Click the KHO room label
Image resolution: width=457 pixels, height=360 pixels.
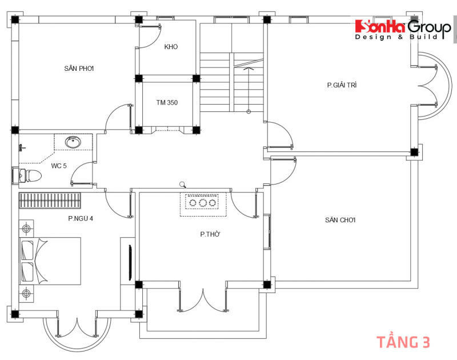pos(171,47)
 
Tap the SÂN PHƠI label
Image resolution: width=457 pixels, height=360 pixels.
pos(79,69)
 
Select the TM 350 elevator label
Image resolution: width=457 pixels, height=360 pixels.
pos(167,102)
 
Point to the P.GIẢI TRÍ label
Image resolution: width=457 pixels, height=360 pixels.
pos(342,85)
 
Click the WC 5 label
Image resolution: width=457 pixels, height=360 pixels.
pos(59,166)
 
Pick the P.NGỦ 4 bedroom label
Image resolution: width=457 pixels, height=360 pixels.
pos(81,218)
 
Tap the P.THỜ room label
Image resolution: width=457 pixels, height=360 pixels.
pos(210,234)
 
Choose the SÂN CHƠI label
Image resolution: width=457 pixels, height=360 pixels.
pos(340,220)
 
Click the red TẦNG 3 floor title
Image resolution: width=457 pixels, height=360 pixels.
pos(403,342)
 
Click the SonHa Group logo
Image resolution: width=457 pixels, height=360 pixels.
pos(403,30)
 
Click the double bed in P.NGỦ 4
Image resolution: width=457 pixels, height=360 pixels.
pos(50,261)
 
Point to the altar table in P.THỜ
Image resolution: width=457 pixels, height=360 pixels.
pos(203,204)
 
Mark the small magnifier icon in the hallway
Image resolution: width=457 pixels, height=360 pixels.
pos(183,185)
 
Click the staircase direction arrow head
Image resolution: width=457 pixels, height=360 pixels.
pos(248,69)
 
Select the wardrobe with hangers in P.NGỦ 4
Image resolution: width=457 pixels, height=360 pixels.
pos(50,200)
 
